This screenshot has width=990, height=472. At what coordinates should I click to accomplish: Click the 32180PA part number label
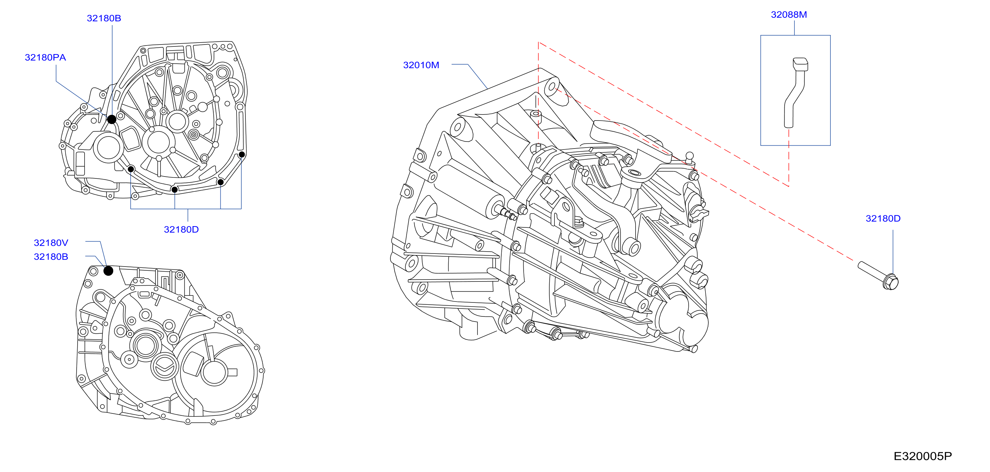tap(45, 58)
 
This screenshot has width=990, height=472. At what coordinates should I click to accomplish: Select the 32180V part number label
tap(51, 243)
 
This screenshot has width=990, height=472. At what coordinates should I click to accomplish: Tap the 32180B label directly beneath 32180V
tap(51, 257)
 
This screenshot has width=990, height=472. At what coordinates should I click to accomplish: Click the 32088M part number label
tap(789, 15)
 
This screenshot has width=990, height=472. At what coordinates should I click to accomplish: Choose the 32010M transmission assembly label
tap(421, 65)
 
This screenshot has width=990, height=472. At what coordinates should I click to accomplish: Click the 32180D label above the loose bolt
tap(883, 218)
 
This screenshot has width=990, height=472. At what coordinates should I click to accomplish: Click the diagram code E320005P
tap(922, 456)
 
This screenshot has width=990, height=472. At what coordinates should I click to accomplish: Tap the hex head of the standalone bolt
tap(890, 282)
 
